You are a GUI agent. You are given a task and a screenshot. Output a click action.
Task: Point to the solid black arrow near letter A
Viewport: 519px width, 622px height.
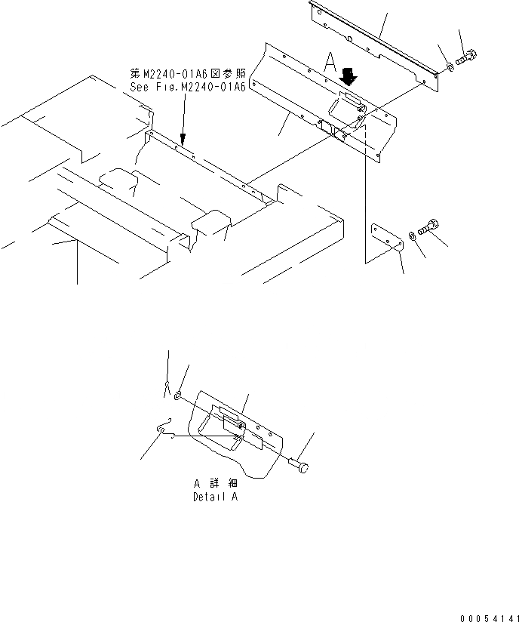(349, 76)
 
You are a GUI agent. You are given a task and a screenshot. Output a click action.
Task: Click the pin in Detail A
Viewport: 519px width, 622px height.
(299, 469)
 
